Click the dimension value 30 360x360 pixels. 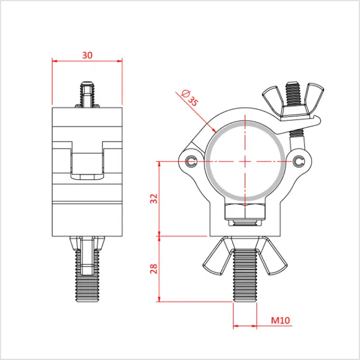click(87, 55)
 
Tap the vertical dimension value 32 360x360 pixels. click(154, 198)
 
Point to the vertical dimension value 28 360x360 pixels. click(154, 268)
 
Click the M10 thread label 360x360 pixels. click(280, 321)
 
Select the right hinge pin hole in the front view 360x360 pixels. click(298, 162)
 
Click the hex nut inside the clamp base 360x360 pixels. click(245, 213)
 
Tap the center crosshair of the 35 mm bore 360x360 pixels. click(245, 161)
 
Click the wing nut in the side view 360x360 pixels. click(87, 245)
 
